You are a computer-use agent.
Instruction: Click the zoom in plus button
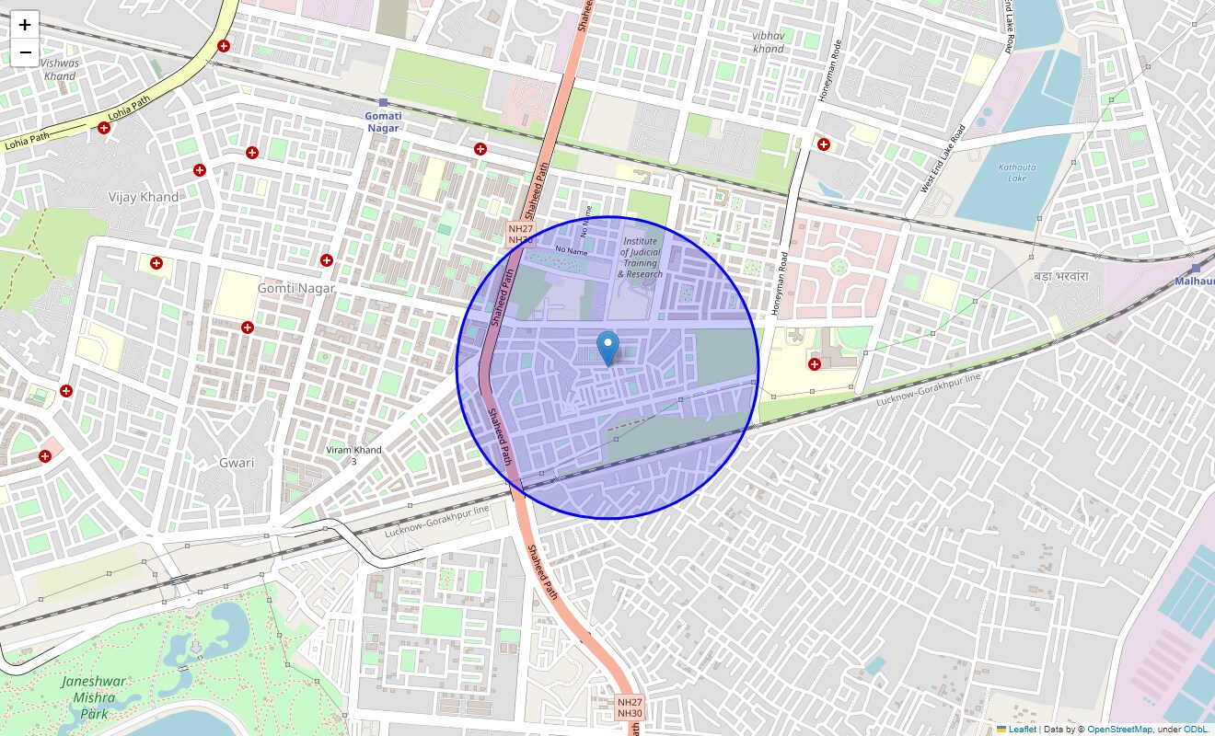tap(25, 25)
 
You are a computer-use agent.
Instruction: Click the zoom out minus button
tap(25, 52)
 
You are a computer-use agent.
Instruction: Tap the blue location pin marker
tap(607, 349)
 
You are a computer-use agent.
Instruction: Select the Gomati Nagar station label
tap(383, 121)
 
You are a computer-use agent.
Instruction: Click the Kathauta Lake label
tap(1024, 173)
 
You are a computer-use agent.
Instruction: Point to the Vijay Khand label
tap(144, 197)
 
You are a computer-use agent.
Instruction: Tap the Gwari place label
tap(237, 463)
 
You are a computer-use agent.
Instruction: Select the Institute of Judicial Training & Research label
tap(640, 258)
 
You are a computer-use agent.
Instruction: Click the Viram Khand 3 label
tap(353, 455)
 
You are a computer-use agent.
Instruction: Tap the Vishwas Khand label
tap(60, 70)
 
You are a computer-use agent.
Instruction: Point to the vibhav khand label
tap(769, 41)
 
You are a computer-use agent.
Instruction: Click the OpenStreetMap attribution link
tap(1119, 730)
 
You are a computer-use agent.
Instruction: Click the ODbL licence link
tap(1198, 730)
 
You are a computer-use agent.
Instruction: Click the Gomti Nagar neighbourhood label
tap(295, 288)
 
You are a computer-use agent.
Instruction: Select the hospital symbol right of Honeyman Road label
tap(824, 144)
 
